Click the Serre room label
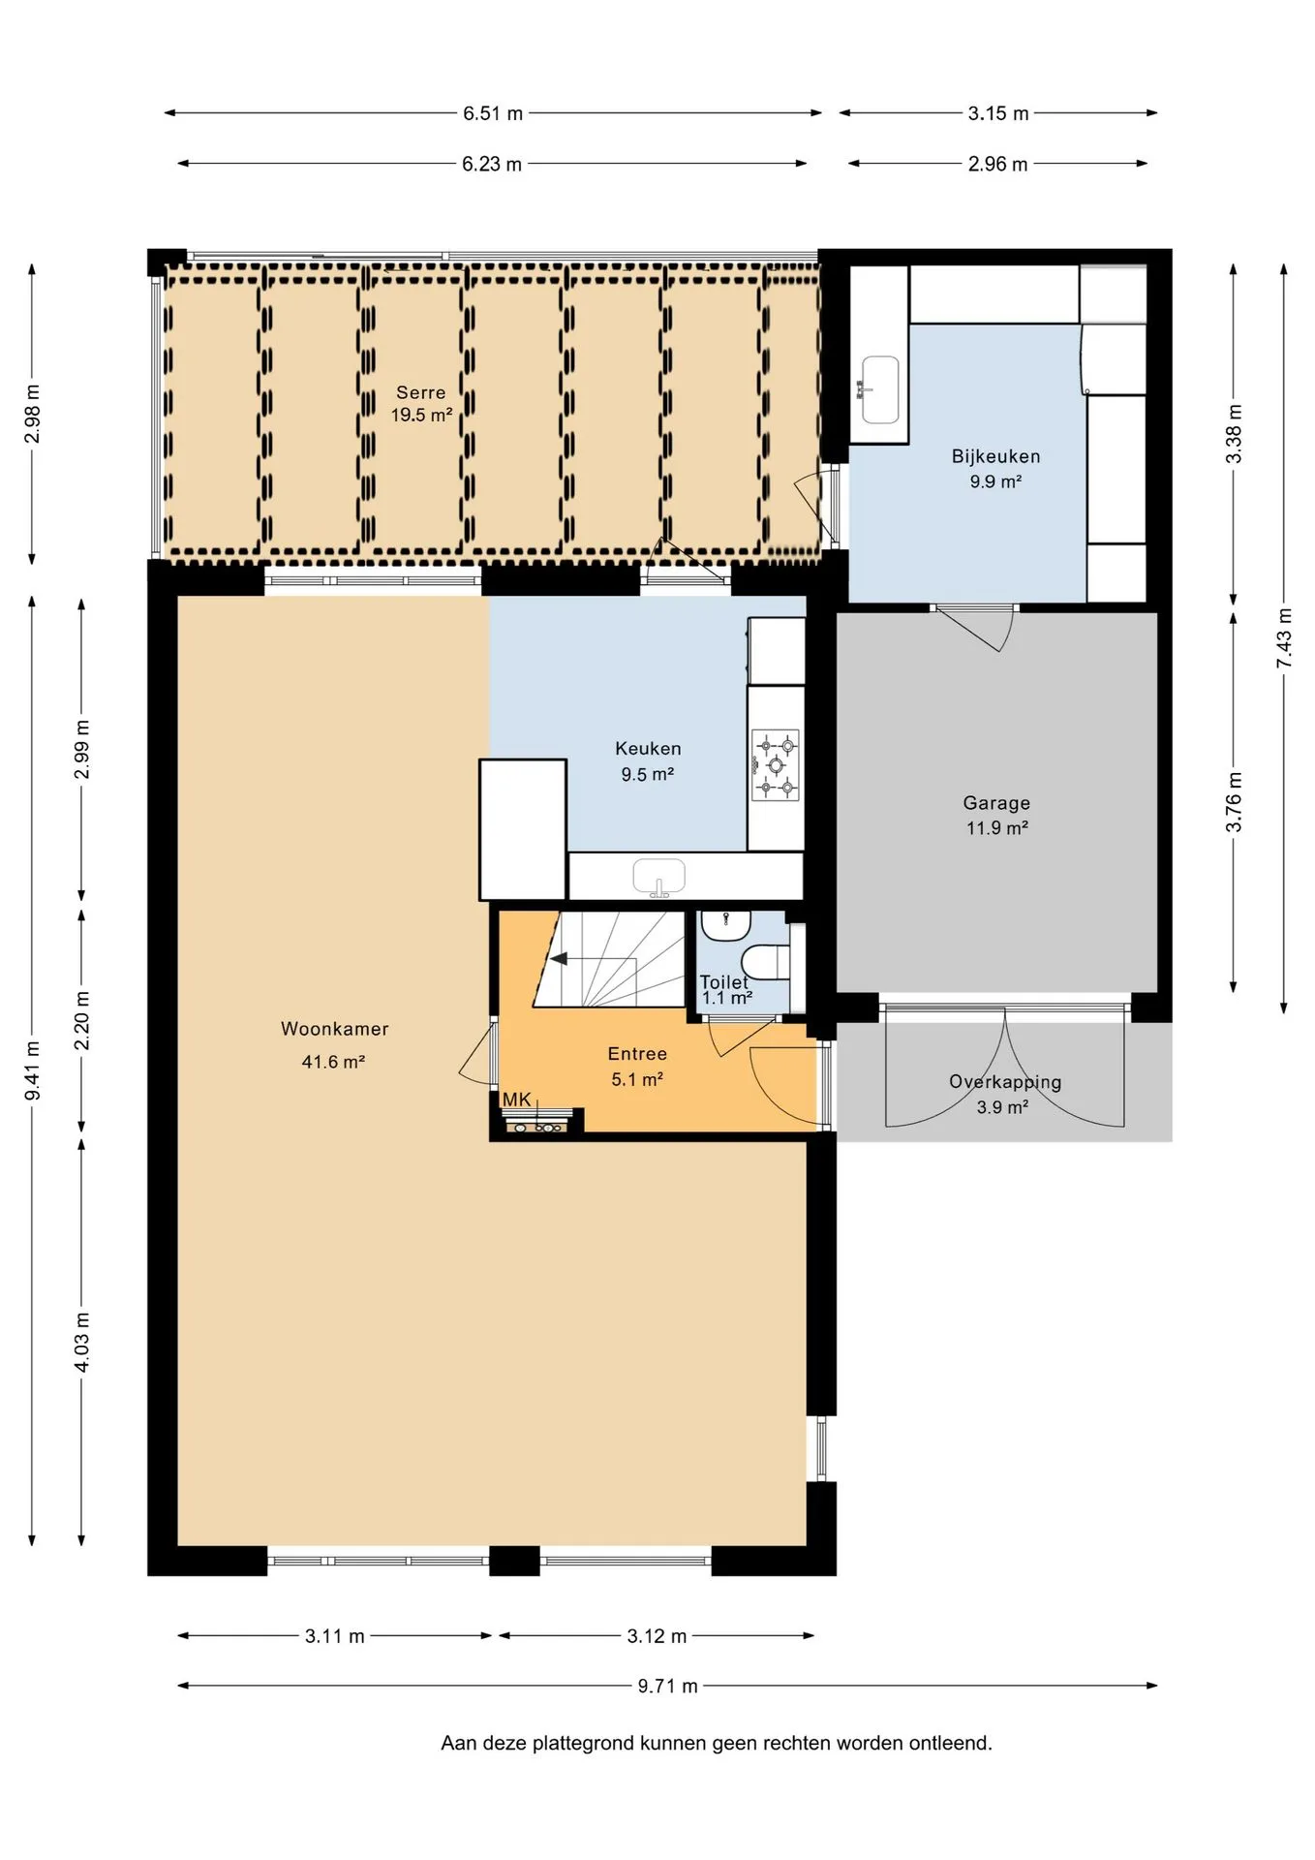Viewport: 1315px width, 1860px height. click(x=421, y=392)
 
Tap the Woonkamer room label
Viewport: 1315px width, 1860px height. click(x=334, y=1029)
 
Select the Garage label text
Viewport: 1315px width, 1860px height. click(x=996, y=803)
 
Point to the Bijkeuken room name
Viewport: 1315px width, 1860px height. click(x=995, y=456)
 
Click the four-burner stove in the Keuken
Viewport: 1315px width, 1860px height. click(x=776, y=765)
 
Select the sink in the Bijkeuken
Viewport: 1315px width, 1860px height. click(x=879, y=389)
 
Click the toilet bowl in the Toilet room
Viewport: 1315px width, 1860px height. click(x=765, y=964)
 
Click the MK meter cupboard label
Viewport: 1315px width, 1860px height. click(x=516, y=1100)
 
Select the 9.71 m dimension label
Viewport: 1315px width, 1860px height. click(x=667, y=1686)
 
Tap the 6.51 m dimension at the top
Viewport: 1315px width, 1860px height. click(x=492, y=113)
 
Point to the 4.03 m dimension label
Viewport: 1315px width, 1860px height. click(x=82, y=1342)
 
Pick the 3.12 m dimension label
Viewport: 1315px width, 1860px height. click(x=657, y=1636)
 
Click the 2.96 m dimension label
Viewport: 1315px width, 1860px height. click(x=997, y=164)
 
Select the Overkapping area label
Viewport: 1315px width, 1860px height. click(x=1005, y=1082)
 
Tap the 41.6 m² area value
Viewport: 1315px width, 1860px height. click(x=333, y=1062)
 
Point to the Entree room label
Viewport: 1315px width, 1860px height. click(x=637, y=1054)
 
